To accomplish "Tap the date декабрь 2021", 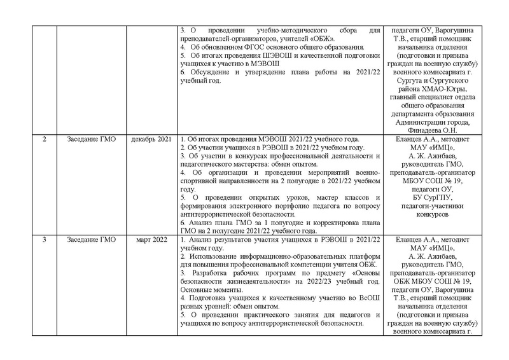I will [152, 139].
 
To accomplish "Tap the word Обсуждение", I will [208, 72].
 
